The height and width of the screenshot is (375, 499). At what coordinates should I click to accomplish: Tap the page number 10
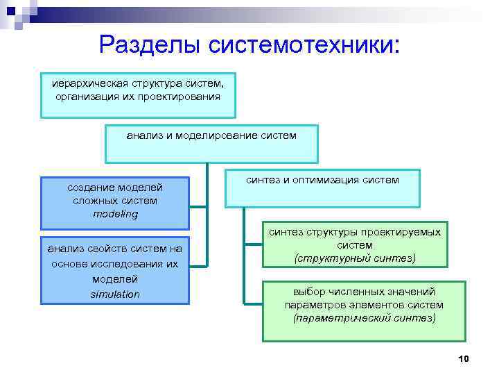tap(464, 358)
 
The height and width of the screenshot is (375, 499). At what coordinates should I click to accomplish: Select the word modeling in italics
tap(115, 214)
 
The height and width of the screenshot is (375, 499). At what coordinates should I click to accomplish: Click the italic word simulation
tap(115, 294)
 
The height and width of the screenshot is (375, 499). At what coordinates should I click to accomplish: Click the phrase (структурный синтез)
tap(355, 258)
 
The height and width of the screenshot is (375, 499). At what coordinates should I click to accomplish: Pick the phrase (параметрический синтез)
tap(365, 318)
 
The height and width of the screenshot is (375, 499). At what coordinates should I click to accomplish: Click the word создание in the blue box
tap(90, 187)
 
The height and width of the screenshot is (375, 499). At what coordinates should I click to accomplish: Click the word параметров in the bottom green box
tap(312, 305)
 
